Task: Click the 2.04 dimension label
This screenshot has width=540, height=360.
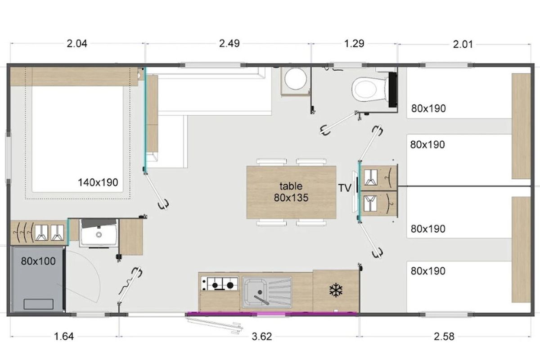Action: pos(77,44)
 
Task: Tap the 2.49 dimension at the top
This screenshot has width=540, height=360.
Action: pos(229,44)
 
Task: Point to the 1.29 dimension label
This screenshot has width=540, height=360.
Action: pos(354,44)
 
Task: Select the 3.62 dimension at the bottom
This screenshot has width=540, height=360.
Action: pos(262,336)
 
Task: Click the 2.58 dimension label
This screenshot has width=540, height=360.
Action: pos(444,336)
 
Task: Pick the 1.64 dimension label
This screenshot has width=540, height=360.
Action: pos(63,336)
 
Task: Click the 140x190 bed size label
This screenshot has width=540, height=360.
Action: pos(98,183)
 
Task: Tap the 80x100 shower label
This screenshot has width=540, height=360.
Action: pos(38,261)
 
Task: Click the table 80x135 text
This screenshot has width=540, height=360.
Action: pos(291,192)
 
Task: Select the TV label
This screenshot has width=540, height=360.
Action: pos(345,188)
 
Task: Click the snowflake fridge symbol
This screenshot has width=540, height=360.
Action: pos(336,290)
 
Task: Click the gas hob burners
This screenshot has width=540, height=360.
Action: pos(220,284)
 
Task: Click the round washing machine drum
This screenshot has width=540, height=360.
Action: pos(296,79)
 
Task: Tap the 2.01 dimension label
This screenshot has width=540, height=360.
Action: pos(463,45)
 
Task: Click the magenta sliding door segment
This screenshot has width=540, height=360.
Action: pos(271,314)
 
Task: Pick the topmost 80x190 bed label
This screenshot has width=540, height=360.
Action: pos(428,108)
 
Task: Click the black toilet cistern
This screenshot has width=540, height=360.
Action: pos(393,90)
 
